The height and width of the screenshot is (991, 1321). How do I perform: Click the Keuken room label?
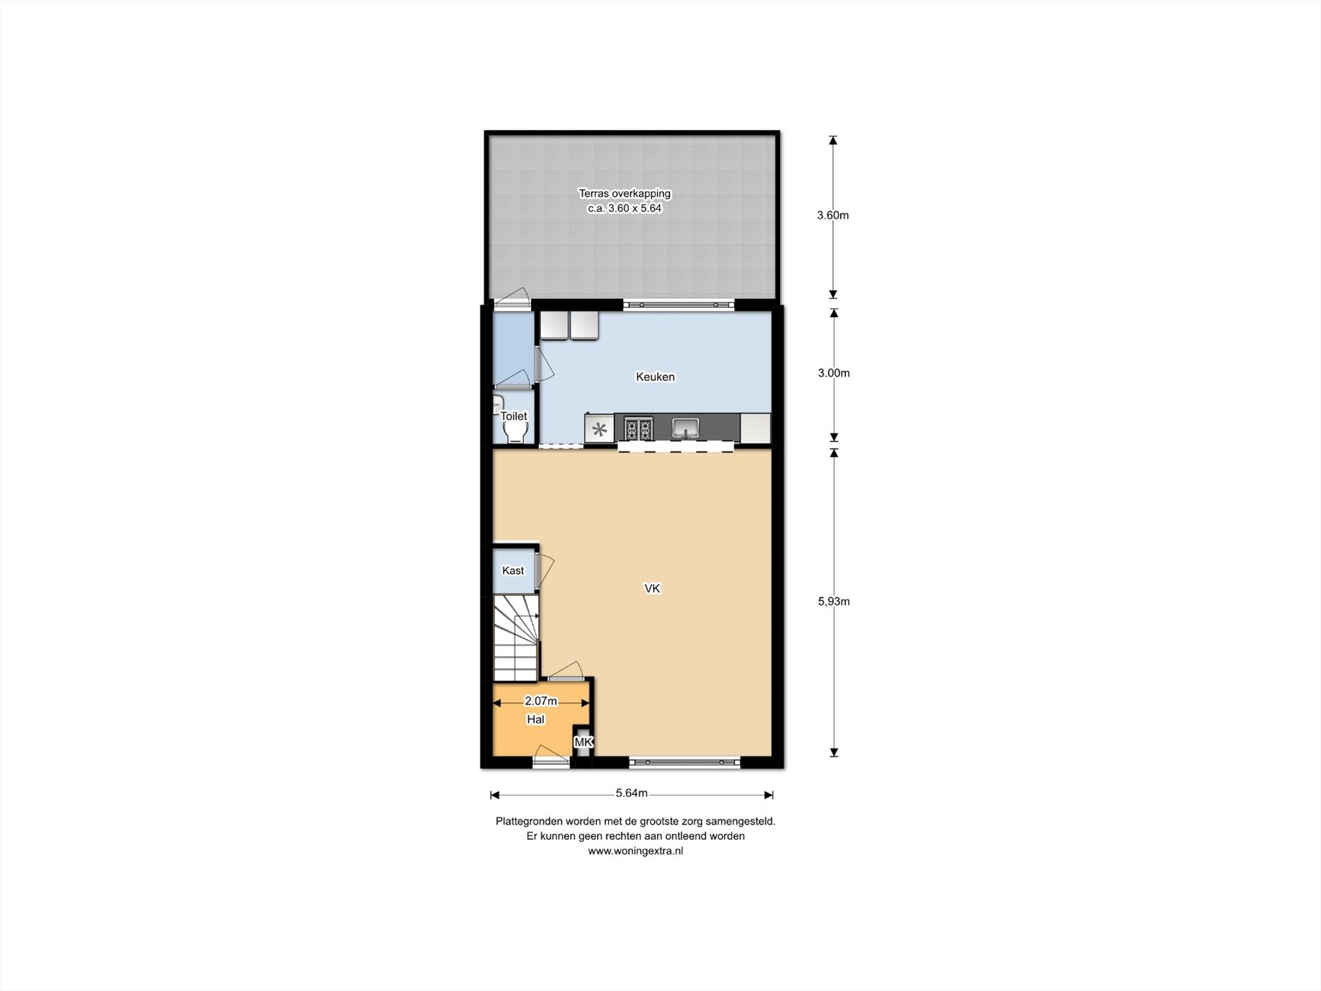655,377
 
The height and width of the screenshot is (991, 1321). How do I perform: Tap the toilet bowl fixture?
514,433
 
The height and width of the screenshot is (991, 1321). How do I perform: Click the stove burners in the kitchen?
638,428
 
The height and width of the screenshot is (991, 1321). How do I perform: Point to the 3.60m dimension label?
833,216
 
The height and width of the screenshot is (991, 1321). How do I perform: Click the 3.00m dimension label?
834,373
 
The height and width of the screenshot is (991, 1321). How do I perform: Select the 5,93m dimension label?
834,602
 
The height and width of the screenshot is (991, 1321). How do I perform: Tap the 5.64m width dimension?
631,793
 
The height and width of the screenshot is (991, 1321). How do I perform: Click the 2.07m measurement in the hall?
540,701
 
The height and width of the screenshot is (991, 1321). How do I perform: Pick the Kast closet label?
513,571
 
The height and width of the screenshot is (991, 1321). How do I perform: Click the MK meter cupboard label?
583,743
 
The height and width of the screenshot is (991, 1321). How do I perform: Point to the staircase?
516,638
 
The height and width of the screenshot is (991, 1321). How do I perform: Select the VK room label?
652,589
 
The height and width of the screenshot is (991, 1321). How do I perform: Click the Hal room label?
535,720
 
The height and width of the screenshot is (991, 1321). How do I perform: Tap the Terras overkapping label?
624,194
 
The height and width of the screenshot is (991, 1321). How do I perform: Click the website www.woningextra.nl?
635,851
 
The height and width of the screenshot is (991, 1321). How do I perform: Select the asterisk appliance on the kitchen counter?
599,428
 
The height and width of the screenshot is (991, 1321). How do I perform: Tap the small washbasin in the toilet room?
498,404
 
